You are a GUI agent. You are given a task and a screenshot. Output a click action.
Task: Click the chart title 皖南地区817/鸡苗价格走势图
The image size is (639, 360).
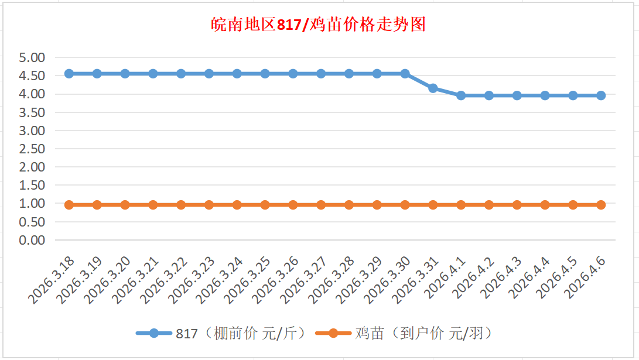(x=318, y=25)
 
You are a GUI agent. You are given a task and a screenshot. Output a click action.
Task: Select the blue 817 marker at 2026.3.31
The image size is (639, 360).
(x=433, y=88)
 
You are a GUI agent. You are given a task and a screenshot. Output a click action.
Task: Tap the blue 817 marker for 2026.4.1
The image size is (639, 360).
(x=461, y=95)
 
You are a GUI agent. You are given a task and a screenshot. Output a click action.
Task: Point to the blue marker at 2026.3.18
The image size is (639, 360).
(x=69, y=74)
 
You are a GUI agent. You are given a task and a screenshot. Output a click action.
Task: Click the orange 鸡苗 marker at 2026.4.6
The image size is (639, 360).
(x=601, y=205)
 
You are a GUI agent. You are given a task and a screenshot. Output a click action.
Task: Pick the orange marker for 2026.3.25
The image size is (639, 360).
(x=265, y=205)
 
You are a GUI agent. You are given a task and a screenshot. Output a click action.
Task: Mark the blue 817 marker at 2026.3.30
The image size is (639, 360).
(x=405, y=74)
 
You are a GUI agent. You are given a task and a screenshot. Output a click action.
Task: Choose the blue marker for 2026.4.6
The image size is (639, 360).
(x=601, y=95)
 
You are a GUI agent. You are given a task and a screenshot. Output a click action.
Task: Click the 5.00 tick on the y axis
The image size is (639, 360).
(x=32, y=57)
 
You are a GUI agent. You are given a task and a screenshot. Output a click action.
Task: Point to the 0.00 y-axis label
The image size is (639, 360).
(x=32, y=240)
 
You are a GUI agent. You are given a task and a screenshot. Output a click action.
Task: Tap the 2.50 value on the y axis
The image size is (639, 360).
(x=32, y=149)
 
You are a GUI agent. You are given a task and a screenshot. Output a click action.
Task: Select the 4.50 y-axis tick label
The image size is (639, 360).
(x=32, y=76)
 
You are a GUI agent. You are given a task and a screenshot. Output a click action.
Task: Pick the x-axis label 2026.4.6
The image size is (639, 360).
(x=586, y=278)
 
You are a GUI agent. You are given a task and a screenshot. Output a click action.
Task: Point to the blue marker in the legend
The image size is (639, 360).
(x=154, y=334)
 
